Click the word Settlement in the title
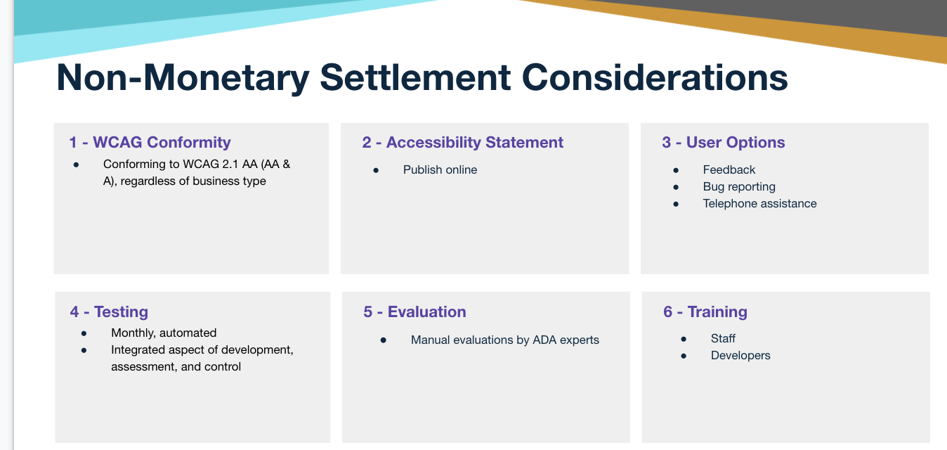click(415, 78)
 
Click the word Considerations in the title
click(655, 78)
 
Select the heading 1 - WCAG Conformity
click(150, 143)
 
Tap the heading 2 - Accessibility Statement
click(462, 143)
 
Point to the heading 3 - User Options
click(724, 143)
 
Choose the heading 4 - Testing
click(109, 312)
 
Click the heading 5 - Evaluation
click(414, 312)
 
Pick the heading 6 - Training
click(705, 312)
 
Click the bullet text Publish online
click(440, 169)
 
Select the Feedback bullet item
click(729, 169)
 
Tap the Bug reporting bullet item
click(739, 187)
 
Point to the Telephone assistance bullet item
click(759, 203)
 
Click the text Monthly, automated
click(164, 333)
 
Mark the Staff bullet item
click(723, 338)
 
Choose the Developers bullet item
click(740, 356)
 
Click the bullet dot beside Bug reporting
click(676, 187)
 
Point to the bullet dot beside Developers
click(684, 356)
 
